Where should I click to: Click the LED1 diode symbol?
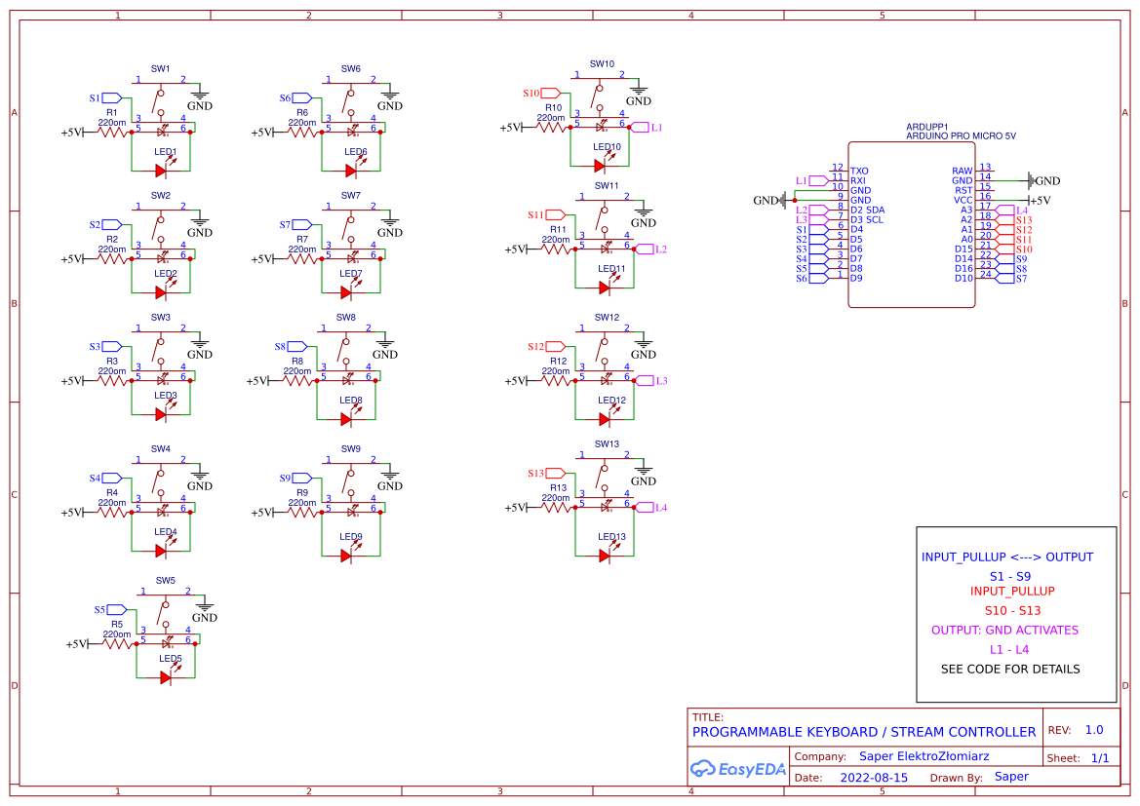click(x=162, y=171)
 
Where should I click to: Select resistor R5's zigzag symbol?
click(x=118, y=643)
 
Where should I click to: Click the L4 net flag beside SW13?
click(x=645, y=507)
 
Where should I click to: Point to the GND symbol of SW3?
click(x=200, y=342)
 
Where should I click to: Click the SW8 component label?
click(x=346, y=318)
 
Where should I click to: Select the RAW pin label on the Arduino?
click(x=962, y=172)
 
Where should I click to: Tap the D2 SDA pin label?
click(x=867, y=211)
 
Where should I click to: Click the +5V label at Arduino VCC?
click(x=1040, y=201)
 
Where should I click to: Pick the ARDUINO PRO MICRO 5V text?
click(x=961, y=136)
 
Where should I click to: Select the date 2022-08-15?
click(x=874, y=778)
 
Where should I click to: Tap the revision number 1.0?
click(x=1093, y=730)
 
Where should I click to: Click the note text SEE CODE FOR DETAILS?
click(x=1010, y=670)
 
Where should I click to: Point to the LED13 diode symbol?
click(x=605, y=556)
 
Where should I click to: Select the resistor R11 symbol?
click(x=557, y=249)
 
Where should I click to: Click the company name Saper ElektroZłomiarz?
click(x=924, y=756)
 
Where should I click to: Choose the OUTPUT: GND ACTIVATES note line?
click(x=1004, y=630)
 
